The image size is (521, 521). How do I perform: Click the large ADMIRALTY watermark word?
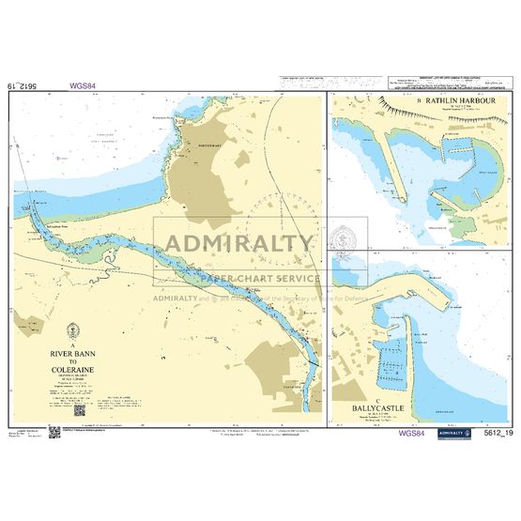(x=240, y=245)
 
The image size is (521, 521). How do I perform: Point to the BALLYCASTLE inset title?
(x=381, y=382)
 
